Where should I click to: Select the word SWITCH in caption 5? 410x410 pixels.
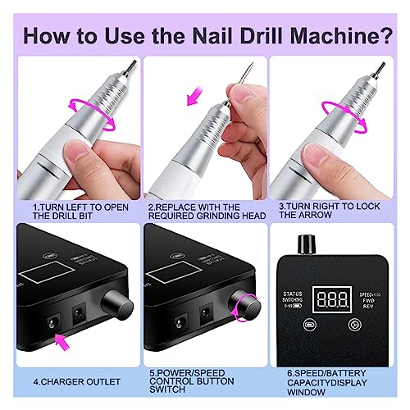coord(165,390)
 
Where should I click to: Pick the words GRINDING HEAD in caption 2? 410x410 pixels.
coord(226,216)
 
